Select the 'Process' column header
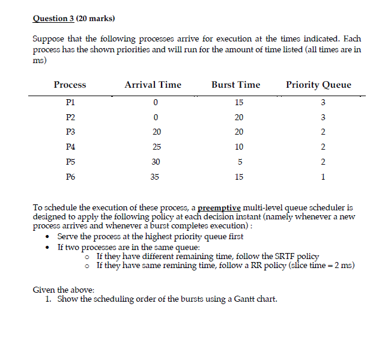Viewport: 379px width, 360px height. [70, 85]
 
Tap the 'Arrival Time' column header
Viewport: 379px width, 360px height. [153, 85]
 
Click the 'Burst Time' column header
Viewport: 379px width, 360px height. [235, 85]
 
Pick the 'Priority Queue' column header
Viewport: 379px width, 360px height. [318, 85]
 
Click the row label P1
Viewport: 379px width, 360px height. [70, 102]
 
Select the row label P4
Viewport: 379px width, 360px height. [70, 147]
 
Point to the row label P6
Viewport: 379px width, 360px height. [70, 177]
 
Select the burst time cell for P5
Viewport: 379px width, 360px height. [239, 162]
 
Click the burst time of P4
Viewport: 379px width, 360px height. [239, 147]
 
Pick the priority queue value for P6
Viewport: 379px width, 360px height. [323, 177]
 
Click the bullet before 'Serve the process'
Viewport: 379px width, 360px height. [49, 237]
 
